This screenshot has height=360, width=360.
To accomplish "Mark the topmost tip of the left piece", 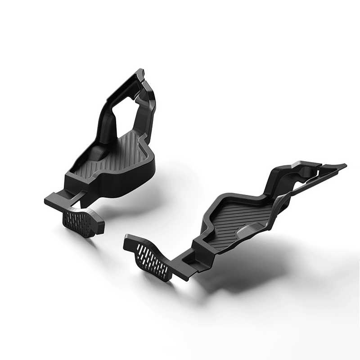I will (141, 70).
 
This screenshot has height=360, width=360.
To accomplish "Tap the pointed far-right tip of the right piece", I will (345, 165).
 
